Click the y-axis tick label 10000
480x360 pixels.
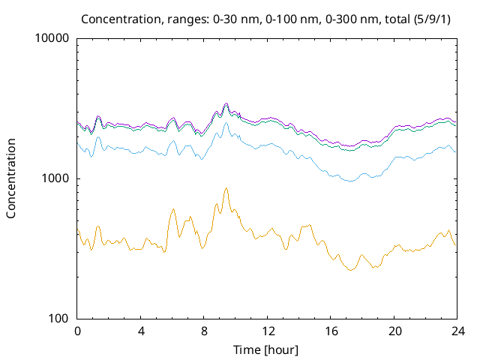[52, 39]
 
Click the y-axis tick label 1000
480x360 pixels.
[55, 178]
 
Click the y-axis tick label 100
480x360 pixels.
[58, 319]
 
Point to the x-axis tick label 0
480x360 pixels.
[77, 331]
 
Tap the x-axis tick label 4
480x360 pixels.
[141, 331]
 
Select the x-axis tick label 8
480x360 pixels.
[204, 331]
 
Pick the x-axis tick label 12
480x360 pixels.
[268, 331]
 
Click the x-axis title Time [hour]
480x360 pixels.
[267, 349]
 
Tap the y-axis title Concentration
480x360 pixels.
[11, 178]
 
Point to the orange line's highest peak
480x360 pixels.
[226, 188]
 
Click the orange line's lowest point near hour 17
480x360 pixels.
[350, 270]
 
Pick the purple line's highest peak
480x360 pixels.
[226, 103]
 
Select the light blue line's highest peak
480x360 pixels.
[226, 122]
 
